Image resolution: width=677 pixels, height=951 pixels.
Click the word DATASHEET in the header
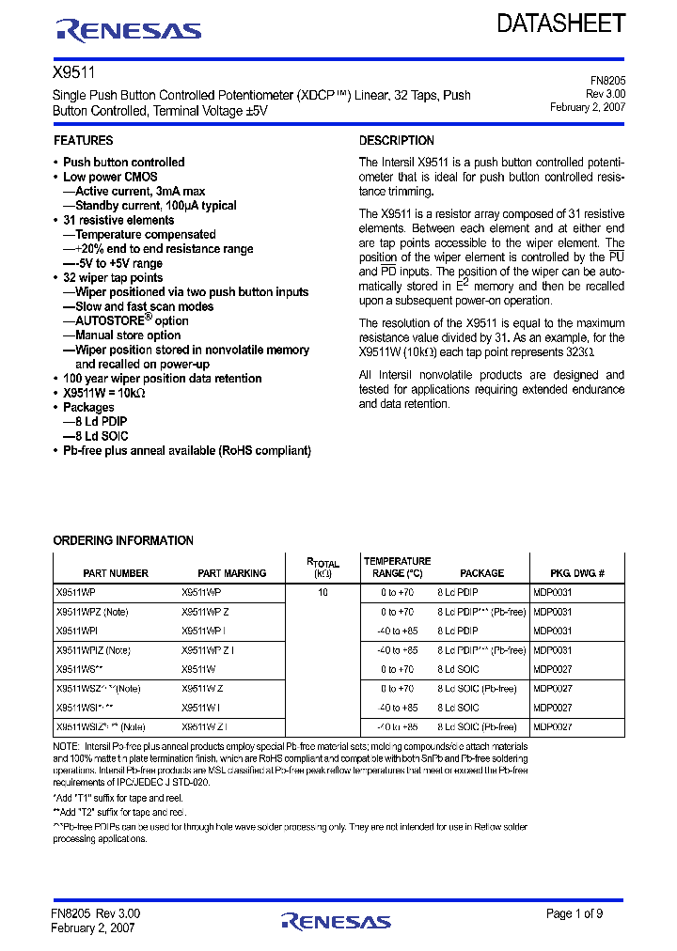[x=561, y=23]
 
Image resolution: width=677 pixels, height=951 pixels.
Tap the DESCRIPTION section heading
[x=396, y=140]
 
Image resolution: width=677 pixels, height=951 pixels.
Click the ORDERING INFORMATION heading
[x=123, y=540]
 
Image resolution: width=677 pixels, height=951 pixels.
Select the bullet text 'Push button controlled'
[x=123, y=163]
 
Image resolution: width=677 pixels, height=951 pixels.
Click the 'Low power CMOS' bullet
[x=110, y=177]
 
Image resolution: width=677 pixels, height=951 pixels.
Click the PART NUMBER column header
[x=116, y=573]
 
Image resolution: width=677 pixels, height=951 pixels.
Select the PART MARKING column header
[x=231, y=573]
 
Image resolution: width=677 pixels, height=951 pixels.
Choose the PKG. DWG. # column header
[x=576, y=573]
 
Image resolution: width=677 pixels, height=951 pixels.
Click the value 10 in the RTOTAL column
[x=323, y=593]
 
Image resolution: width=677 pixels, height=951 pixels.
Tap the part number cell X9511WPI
[x=77, y=631]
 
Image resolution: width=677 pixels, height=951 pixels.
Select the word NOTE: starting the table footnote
[x=68, y=744]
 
